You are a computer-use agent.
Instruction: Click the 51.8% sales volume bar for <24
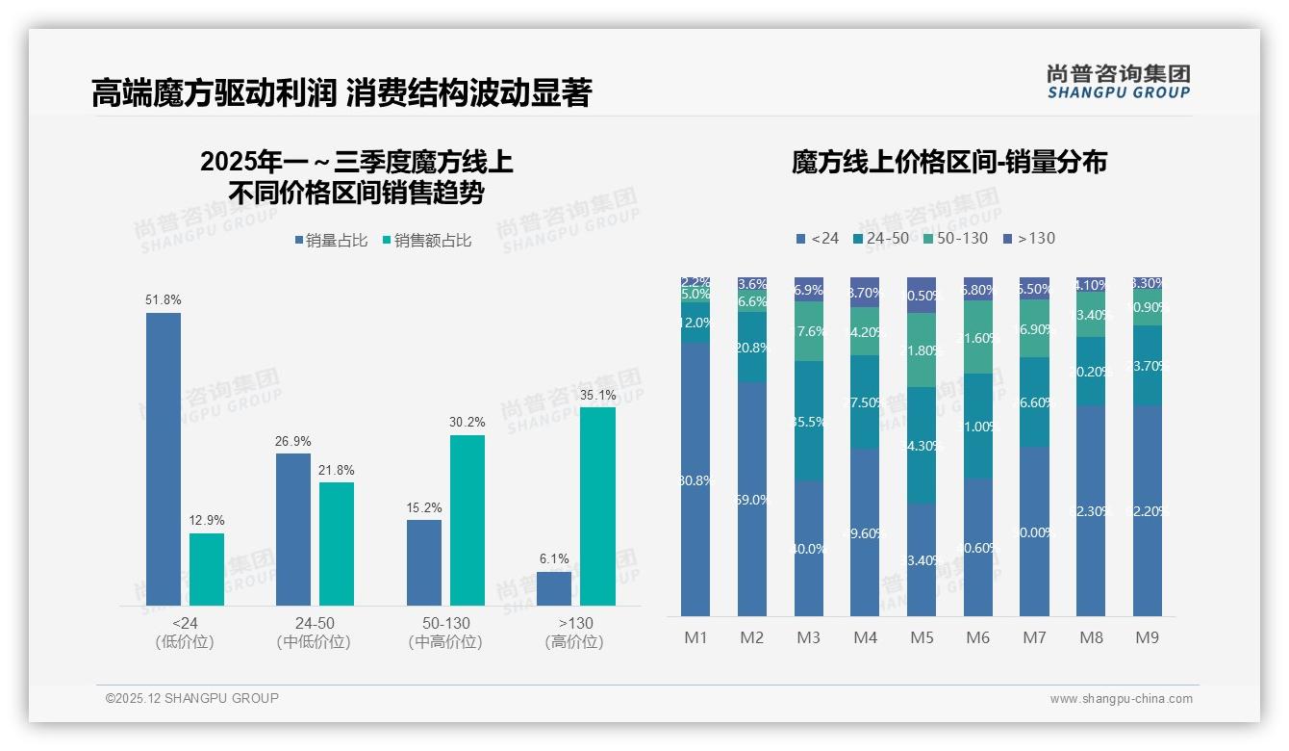[x=164, y=458]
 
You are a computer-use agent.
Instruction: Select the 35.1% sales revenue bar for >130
[x=597, y=505]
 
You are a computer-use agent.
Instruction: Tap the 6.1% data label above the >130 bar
[x=554, y=558]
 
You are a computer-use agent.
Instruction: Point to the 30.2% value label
[x=468, y=422]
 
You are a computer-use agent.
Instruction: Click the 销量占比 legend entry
[x=330, y=241]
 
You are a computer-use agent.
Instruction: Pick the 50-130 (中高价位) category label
[x=445, y=633]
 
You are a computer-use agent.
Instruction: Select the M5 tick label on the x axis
[x=922, y=637]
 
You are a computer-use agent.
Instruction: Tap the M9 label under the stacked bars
[x=1147, y=637]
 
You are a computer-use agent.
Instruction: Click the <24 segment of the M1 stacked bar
[x=695, y=479]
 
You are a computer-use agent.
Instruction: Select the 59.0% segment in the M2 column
[x=752, y=499]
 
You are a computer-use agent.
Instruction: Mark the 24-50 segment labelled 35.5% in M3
[x=809, y=421]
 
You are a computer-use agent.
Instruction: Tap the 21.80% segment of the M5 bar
[x=922, y=350]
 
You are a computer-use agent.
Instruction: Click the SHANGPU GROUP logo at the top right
[x=1118, y=82]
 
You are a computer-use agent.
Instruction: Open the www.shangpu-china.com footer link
[x=1121, y=699]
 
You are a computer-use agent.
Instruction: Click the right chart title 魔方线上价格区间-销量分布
[x=948, y=162]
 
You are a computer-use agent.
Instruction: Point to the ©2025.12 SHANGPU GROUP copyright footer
[x=192, y=698]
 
